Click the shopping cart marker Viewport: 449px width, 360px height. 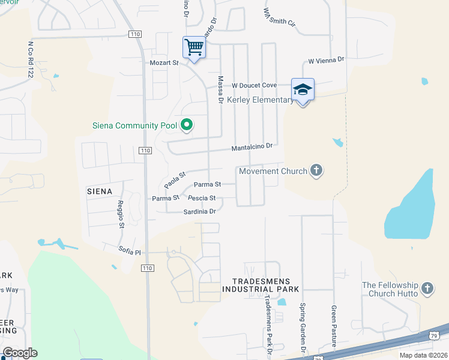point(194,47)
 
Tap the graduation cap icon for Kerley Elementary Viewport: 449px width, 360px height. point(303,89)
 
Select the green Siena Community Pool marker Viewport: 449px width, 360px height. point(187,125)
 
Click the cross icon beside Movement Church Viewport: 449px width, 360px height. point(316,171)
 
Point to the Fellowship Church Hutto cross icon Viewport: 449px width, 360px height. point(427,289)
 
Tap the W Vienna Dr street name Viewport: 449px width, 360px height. point(326,61)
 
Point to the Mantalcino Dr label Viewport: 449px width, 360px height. point(253,146)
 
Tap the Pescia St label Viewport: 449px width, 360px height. point(201,197)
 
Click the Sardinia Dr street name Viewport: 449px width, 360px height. point(199,211)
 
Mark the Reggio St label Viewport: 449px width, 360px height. point(121,214)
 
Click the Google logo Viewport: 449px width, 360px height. point(20,353)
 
